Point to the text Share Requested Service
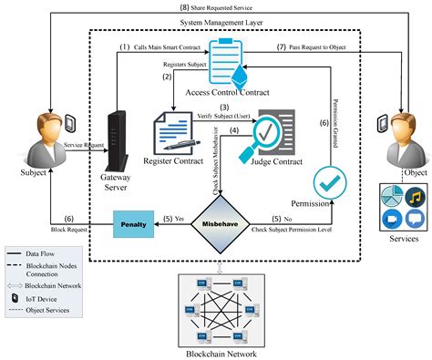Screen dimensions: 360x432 pos(216,6)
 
